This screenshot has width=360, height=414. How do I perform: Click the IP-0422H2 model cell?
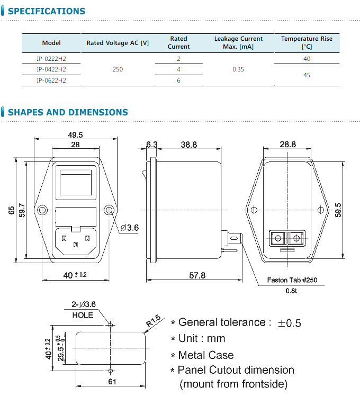point(51,69)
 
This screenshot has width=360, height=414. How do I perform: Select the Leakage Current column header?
point(238,42)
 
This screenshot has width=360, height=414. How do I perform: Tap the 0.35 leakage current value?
point(238,69)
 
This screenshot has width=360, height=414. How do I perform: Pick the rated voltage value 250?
point(118,69)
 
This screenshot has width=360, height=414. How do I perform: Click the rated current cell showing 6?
point(179,80)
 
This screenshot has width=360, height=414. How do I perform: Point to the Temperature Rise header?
point(307,42)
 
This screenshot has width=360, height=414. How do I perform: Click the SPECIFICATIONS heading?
point(46,11)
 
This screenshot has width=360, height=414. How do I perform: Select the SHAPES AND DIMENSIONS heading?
point(68,112)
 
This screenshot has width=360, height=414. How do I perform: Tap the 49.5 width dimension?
point(75,135)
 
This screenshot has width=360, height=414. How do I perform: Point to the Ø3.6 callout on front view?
point(130,228)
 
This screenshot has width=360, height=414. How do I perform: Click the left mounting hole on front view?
point(42,210)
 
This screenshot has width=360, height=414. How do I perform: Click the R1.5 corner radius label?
point(153,320)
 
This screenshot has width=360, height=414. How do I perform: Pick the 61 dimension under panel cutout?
point(111,382)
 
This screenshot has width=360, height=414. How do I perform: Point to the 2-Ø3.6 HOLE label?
point(83,309)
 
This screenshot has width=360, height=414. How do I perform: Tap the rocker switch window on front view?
point(76,184)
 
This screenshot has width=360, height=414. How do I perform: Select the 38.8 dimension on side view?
point(188,144)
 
